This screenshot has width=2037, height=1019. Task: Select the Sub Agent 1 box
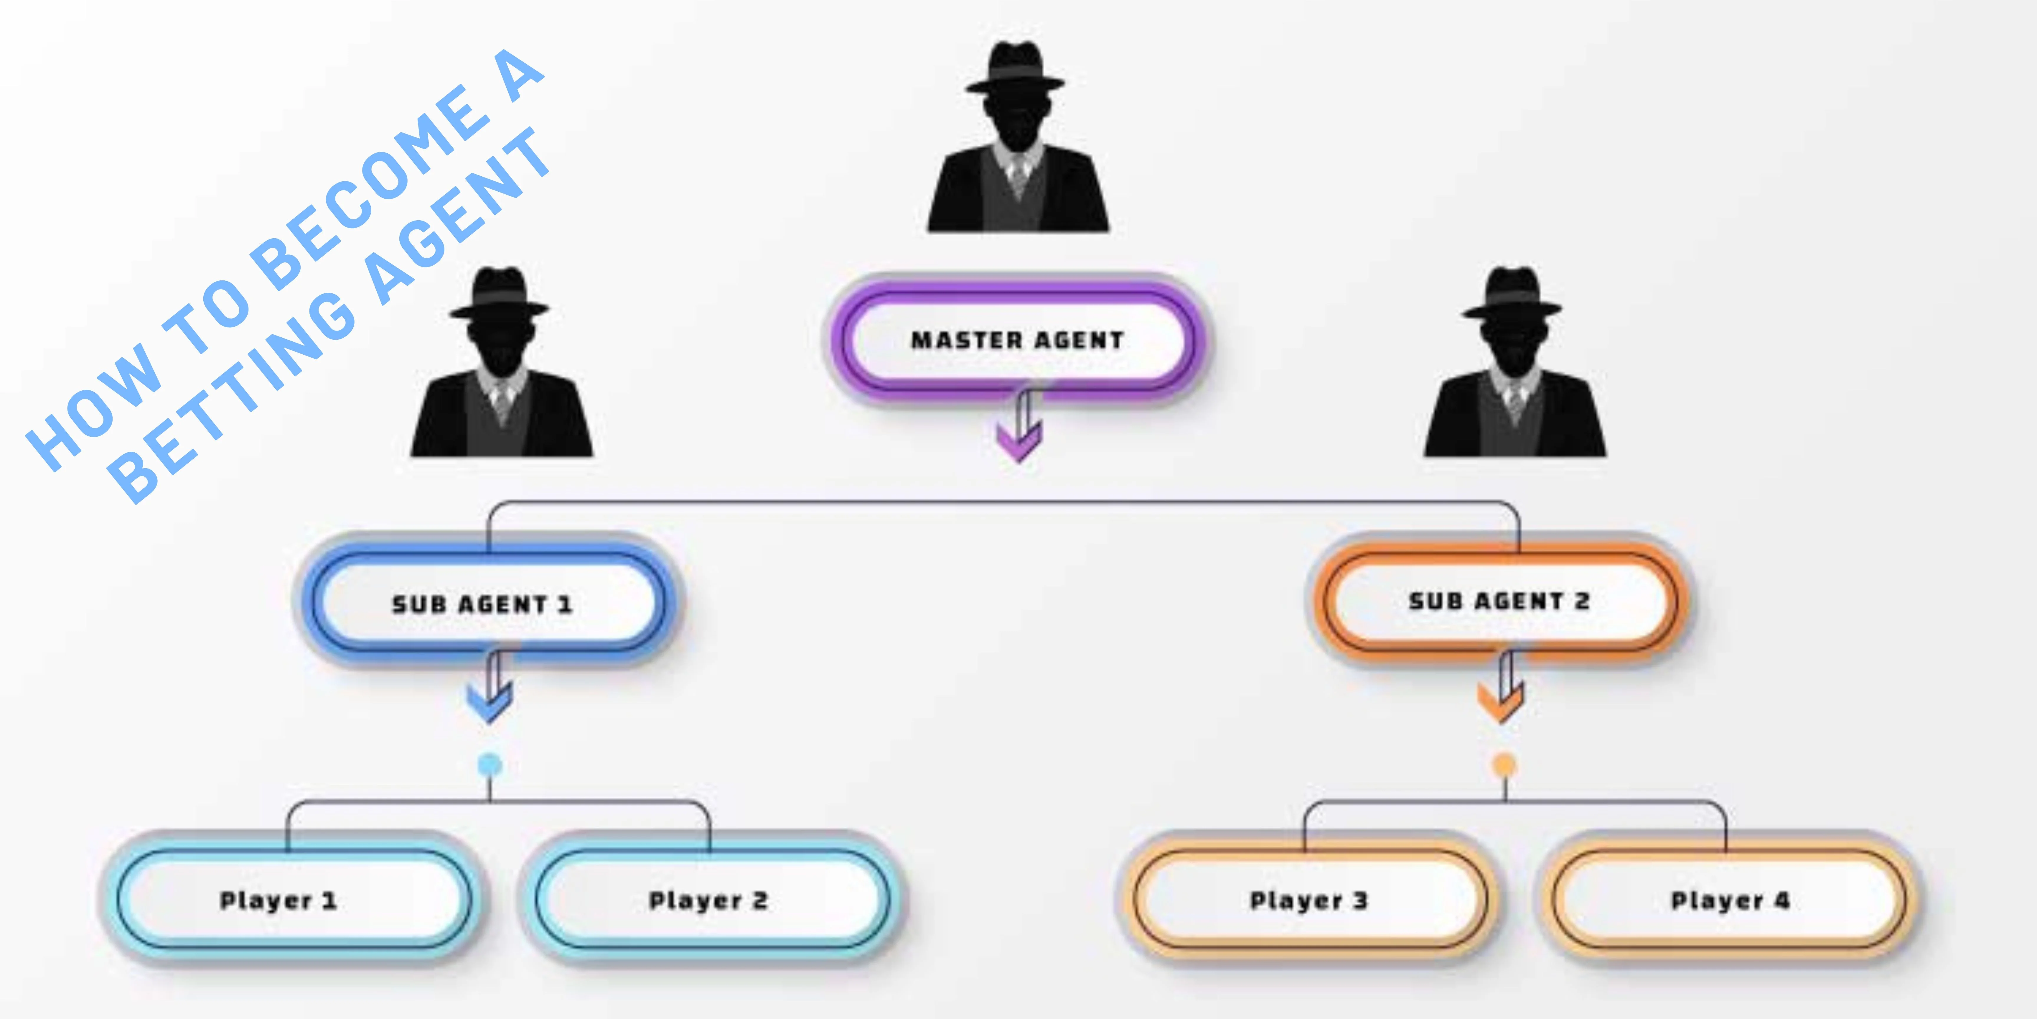[x=482, y=604]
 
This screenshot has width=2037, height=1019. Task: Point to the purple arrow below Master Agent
[x=1019, y=431]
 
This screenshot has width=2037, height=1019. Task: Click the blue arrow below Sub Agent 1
[x=490, y=692]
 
